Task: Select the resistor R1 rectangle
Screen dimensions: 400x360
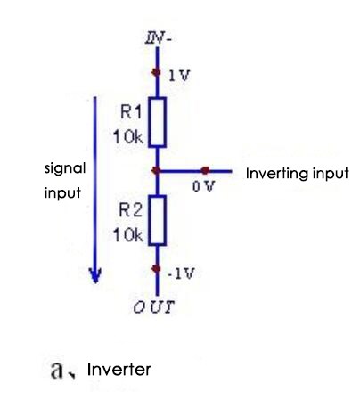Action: pyautogui.click(x=157, y=122)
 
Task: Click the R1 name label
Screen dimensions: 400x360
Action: pyautogui.click(x=131, y=112)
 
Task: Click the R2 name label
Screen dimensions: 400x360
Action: pyautogui.click(x=131, y=211)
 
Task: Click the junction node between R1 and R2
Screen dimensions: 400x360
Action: pyautogui.click(x=157, y=169)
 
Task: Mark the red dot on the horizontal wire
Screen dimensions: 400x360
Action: pyautogui.click(x=206, y=169)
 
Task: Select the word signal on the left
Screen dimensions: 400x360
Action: pyautogui.click(x=64, y=167)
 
